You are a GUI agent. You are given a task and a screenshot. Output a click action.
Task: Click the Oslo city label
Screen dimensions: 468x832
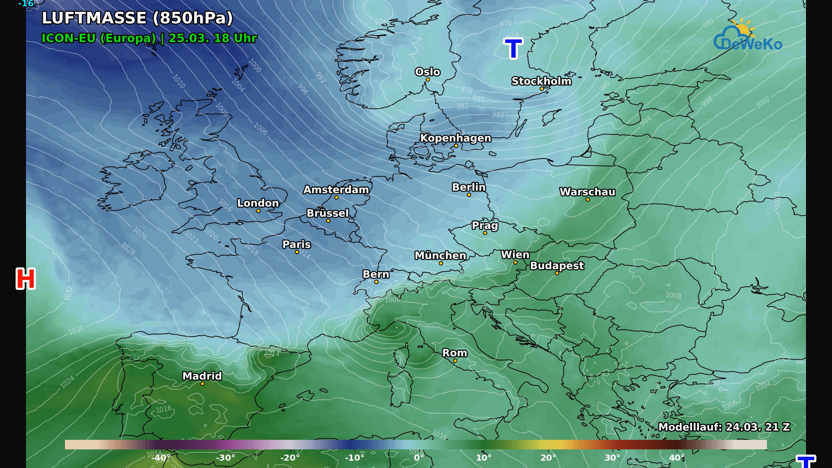[x=427, y=72]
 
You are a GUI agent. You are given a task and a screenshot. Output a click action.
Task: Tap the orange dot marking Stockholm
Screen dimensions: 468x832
[x=542, y=89]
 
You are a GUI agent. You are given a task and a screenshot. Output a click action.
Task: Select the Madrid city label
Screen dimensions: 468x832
[x=202, y=376]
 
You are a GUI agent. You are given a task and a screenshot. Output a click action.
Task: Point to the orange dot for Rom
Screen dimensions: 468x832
[x=455, y=361]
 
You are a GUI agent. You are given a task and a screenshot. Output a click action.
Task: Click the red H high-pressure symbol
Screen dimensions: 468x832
[x=26, y=279]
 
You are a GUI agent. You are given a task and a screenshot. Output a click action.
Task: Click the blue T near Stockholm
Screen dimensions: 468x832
[x=513, y=49]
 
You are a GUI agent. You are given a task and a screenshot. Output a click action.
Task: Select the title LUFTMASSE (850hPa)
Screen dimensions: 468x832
[x=137, y=18]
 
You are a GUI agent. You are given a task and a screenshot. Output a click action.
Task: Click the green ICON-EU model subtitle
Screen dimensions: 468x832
[x=149, y=38]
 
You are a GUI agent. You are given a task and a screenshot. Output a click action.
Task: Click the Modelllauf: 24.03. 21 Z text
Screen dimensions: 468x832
[x=724, y=427]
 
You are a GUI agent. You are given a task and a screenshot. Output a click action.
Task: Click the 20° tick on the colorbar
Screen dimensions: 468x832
[x=548, y=458]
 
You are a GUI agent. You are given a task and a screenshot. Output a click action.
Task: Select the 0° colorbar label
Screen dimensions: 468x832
[x=419, y=458]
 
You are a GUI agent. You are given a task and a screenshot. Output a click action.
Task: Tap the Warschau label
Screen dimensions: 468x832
[x=587, y=192]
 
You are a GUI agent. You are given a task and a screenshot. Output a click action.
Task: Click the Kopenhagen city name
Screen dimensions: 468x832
[x=455, y=138]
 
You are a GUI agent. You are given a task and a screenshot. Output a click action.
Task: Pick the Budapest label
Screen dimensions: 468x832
[x=557, y=266]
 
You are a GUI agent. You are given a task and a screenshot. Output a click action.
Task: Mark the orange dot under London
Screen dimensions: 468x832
[x=258, y=211]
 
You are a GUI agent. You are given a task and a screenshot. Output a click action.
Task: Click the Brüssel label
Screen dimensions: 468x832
[x=328, y=213]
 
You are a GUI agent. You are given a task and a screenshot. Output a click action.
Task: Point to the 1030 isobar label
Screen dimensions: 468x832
[x=76, y=330]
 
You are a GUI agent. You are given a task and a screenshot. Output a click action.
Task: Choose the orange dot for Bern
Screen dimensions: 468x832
[x=376, y=282]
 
